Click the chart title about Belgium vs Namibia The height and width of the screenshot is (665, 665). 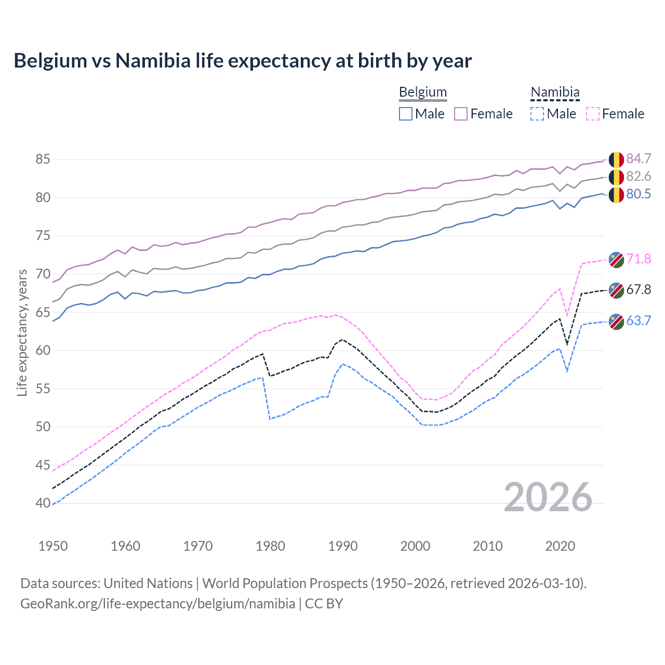coord(243,61)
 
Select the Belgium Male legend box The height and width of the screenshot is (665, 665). coord(406,114)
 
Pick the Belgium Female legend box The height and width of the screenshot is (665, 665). coord(461,114)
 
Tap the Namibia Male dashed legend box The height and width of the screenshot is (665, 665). coord(537,114)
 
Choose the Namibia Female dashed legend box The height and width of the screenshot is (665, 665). coord(593,114)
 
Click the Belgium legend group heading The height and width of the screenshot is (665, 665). coord(423,92)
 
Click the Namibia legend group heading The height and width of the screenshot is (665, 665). coord(555,92)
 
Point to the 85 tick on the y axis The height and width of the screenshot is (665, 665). coord(43,159)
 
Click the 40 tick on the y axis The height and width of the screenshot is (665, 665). coord(43,503)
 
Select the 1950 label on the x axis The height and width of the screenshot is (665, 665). coord(53,546)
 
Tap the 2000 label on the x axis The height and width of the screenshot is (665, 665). coord(415,546)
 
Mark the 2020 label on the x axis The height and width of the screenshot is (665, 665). coord(560,546)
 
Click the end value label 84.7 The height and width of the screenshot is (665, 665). coord(639,158)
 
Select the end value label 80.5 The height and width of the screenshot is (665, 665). coord(639,194)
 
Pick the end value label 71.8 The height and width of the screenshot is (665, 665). coord(639,259)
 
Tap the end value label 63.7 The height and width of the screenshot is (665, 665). coord(639,321)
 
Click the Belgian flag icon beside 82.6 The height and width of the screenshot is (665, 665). coord(616,177)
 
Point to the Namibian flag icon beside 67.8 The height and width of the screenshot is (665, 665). coord(616,290)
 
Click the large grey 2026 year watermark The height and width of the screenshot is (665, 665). coord(548,498)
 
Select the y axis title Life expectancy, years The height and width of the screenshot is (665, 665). coord(22,332)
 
